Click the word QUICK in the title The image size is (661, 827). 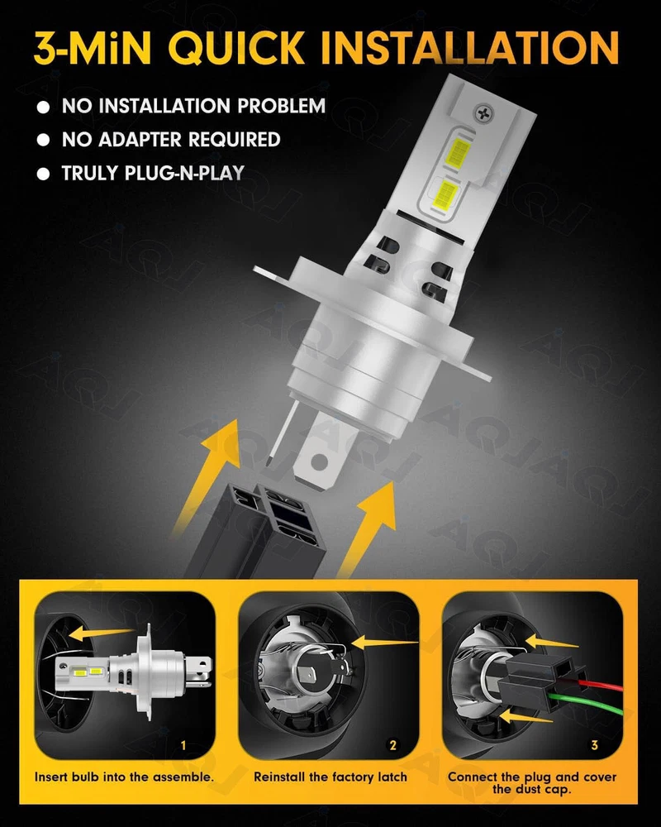[x=236, y=47]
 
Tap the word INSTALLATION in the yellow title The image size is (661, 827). [x=469, y=47]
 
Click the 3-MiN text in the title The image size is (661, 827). [x=93, y=47]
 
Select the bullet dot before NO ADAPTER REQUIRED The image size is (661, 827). [x=43, y=141]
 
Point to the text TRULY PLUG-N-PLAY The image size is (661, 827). [x=153, y=173]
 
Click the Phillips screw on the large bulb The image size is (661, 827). [x=483, y=113]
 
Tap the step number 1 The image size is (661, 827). [x=183, y=745]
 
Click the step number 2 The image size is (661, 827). [x=392, y=745]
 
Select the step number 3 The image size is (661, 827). [x=595, y=745]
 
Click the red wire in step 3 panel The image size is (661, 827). [x=601, y=685]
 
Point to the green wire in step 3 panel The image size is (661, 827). [x=586, y=705]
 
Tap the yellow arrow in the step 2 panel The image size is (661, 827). [x=385, y=643]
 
